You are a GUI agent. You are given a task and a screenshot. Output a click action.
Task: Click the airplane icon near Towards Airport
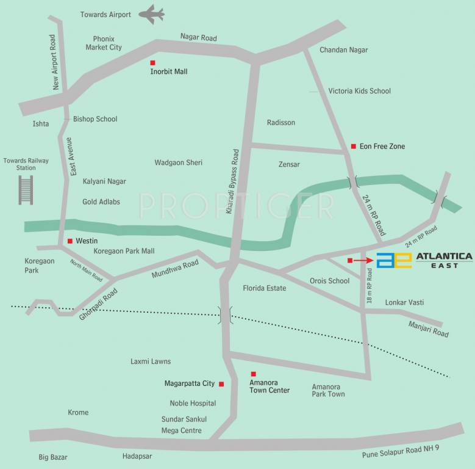tap(151, 14)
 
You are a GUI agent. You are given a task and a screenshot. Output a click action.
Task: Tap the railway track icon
tap(26, 189)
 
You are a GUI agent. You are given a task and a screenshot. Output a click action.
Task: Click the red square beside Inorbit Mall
tap(153, 63)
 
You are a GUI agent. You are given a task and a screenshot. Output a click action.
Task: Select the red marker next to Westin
tap(70, 241)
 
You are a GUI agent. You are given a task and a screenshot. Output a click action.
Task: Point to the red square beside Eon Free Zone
tap(353, 146)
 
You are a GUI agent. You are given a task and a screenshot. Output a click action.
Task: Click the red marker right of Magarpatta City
tap(221, 384)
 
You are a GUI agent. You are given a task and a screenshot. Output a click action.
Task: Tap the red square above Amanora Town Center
tap(254, 374)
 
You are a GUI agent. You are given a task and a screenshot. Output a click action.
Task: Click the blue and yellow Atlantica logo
tap(394, 260)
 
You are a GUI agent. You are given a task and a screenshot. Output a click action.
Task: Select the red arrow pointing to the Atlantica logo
tap(362, 260)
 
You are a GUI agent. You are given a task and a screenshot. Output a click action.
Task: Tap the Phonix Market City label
tap(104, 43)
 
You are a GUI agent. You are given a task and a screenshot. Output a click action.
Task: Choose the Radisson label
tap(281, 123)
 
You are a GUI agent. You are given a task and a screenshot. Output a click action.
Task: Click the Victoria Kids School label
tap(359, 91)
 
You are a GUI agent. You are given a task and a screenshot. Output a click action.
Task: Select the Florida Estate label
tap(264, 288)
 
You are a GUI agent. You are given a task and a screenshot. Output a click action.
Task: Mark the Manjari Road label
tap(428, 329)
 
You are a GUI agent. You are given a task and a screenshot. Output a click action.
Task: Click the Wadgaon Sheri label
tap(178, 162)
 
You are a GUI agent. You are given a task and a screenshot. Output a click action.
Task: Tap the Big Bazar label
tap(53, 457)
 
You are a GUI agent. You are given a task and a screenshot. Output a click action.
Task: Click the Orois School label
tap(329, 281)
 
